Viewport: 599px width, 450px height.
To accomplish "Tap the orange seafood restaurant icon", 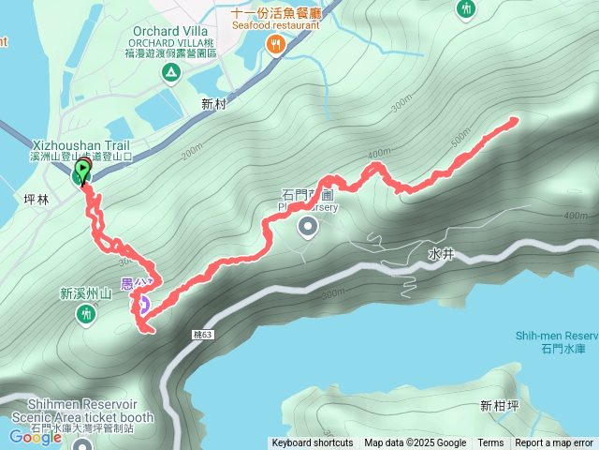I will [x=275, y=45].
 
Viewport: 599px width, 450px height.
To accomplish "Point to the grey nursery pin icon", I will [x=308, y=227].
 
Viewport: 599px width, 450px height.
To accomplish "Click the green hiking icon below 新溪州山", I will [x=86, y=315].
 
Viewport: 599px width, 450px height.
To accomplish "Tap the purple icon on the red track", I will [x=144, y=304].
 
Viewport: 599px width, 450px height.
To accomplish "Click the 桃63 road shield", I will [x=204, y=334].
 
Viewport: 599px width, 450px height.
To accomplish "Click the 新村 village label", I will [x=213, y=104].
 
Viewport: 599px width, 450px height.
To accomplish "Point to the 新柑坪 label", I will [x=499, y=406].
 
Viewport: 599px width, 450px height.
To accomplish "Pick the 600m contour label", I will [x=577, y=217].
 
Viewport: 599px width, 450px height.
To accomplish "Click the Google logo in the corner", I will [x=36, y=436].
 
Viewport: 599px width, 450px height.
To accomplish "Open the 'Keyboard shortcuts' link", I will [x=312, y=443].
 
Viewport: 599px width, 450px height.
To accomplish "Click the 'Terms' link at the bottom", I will [x=490, y=443].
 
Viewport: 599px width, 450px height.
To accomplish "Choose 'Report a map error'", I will [x=554, y=443].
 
